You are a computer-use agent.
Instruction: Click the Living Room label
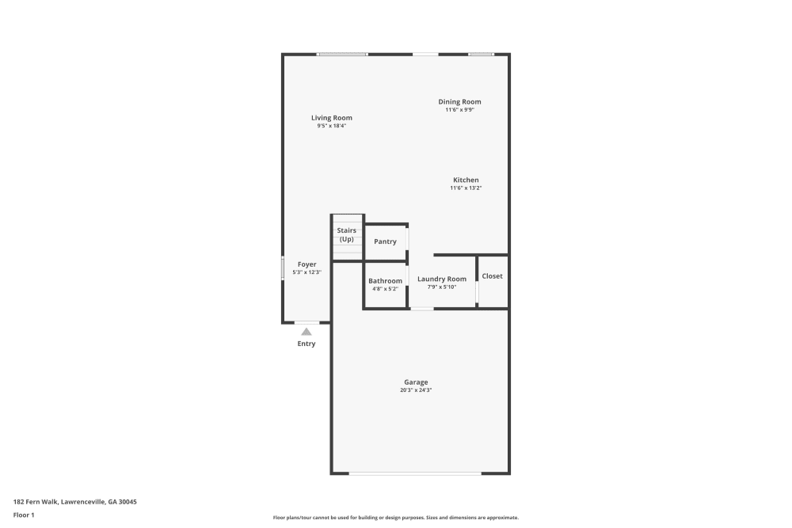331,118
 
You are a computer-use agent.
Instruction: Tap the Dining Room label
459,101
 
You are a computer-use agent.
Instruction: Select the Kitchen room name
466,180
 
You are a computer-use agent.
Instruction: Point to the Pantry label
385,241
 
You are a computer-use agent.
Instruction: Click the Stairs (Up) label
346,234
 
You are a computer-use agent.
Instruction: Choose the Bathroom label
385,281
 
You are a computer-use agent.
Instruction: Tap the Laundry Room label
442,279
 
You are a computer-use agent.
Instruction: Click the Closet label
492,276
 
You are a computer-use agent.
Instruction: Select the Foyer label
307,264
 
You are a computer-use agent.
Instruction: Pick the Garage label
415,382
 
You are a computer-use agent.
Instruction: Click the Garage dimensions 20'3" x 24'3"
415,390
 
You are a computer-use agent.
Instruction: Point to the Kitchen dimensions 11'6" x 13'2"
466,188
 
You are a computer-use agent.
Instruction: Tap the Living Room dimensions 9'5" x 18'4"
331,126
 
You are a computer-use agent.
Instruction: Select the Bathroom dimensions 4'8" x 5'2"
385,289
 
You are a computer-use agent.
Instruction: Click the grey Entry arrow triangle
307,332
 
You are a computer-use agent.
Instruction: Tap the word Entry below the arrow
307,344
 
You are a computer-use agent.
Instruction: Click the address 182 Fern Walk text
75,501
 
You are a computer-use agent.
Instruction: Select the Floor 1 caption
24,515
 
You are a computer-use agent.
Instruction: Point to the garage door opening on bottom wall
415,473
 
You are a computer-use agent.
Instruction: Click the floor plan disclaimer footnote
396,518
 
